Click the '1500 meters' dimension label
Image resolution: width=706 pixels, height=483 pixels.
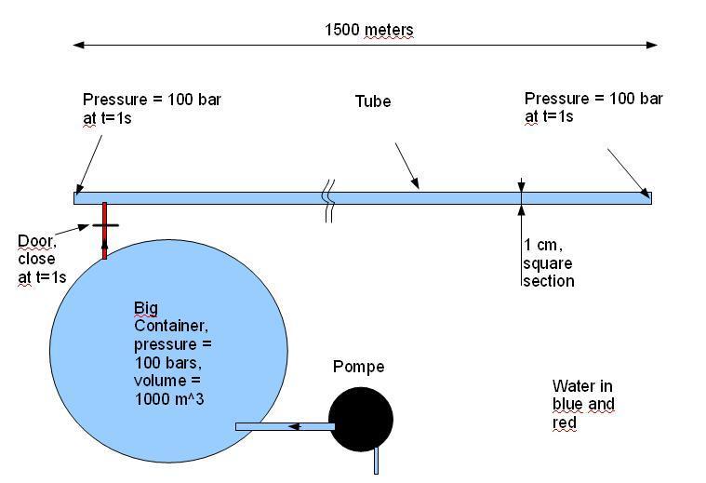[368, 30]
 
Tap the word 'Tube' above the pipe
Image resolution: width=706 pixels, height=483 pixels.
[373, 101]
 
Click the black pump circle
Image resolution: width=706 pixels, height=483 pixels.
[361, 419]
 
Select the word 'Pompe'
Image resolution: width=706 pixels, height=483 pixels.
[358, 367]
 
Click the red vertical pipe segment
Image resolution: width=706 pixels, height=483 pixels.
[104, 230]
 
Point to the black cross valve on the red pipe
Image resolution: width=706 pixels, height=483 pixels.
[105, 225]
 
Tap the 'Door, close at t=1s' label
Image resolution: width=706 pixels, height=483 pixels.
[42, 259]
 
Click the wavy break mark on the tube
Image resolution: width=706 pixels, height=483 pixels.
[329, 200]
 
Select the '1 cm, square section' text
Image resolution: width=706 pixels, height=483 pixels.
[549, 263]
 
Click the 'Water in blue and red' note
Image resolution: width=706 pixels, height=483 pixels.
[583, 404]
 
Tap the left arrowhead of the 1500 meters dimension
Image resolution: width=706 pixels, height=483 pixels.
[78, 45]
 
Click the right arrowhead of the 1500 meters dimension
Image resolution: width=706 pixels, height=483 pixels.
[652, 45]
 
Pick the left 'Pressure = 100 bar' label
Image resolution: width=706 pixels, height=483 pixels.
[152, 109]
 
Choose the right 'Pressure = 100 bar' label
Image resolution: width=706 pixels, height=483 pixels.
[593, 107]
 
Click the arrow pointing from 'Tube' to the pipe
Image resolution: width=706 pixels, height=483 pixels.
[407, 166]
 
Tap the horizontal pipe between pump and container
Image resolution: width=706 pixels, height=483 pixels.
[285, 426]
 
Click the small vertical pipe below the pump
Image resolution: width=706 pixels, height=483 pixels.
[377, 461]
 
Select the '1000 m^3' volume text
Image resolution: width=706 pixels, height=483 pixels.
[169, 399]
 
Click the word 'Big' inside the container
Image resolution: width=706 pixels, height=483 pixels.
[146, 308]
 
